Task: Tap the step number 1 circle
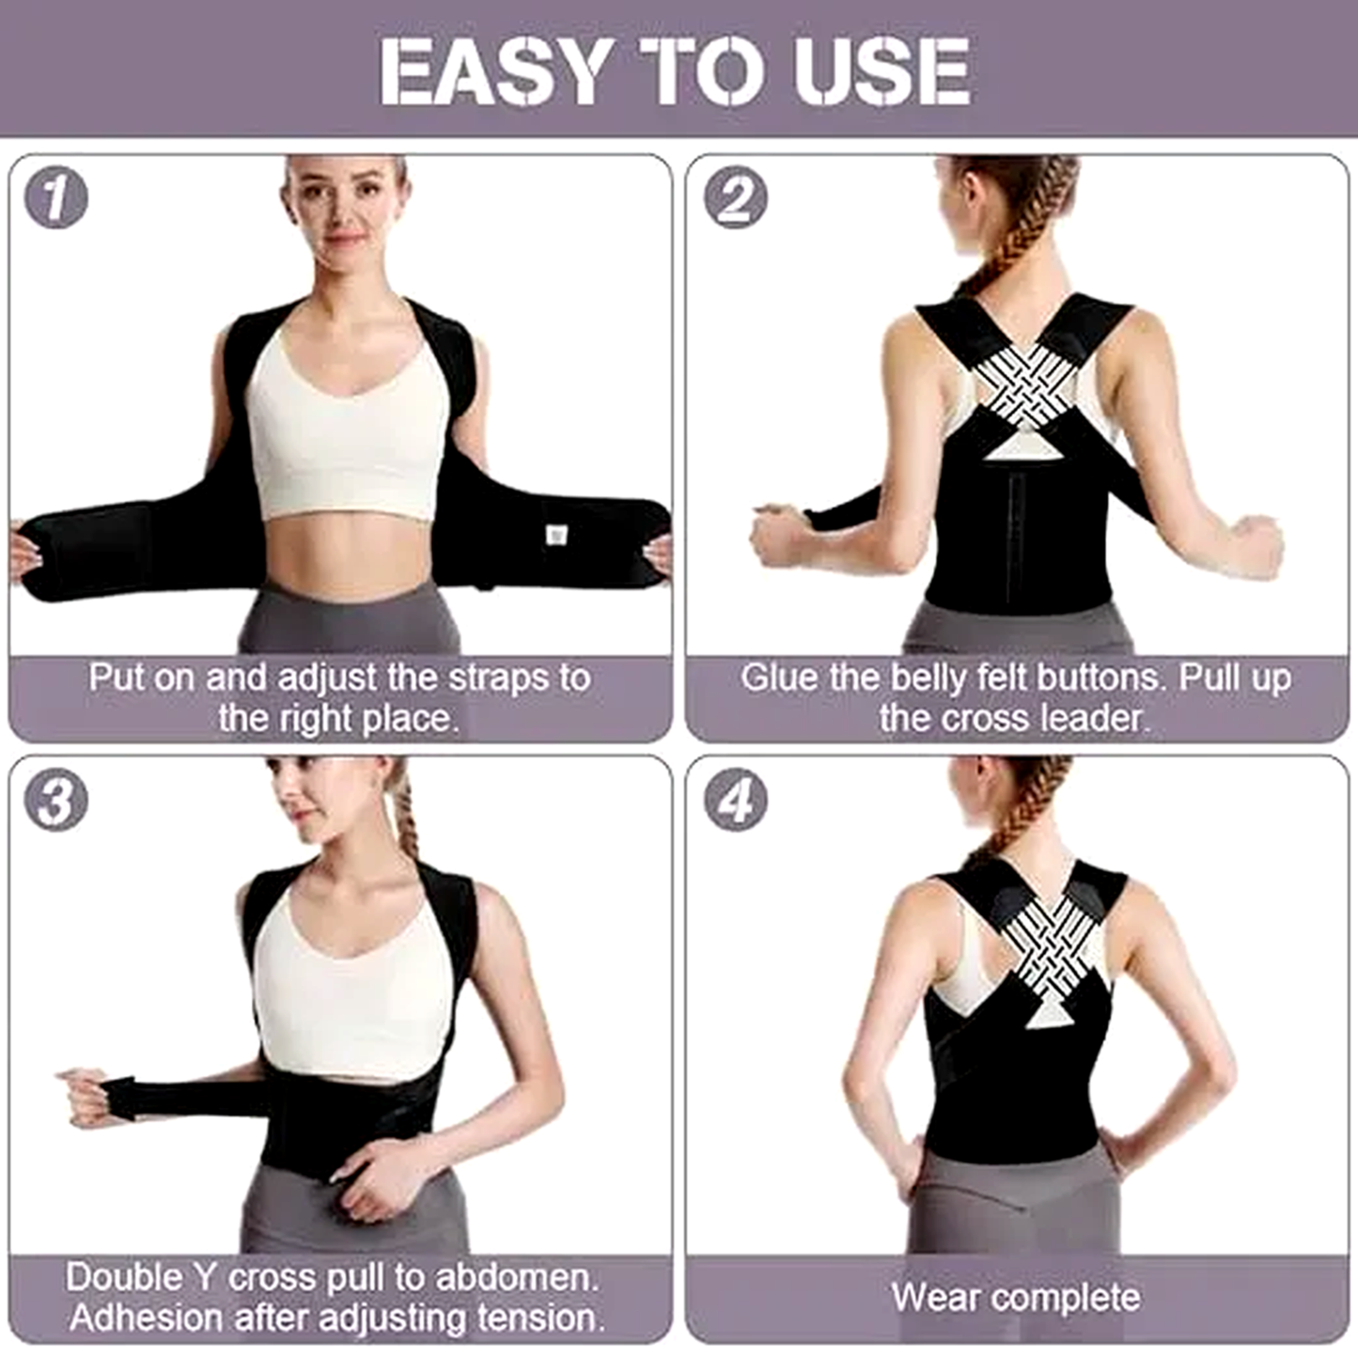point(56,198)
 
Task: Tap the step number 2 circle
point(736,198)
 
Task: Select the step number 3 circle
point(56,801)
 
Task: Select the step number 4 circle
point(736,801)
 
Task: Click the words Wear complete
point(1016,1298)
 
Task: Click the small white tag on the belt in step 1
point(556,535)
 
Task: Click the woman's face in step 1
point(345,211)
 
